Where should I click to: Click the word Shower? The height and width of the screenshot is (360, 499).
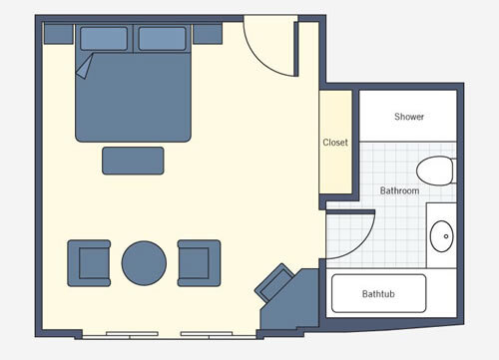409,117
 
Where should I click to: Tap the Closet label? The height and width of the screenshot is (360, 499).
335,143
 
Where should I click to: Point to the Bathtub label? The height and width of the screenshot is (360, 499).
379,294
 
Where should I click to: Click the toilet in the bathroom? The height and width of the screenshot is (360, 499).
435,172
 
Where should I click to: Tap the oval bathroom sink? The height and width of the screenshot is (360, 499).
440,237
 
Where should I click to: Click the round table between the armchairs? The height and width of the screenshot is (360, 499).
144,262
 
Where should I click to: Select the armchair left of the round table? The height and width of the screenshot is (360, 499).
90,262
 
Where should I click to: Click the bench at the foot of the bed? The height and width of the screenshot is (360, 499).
133,160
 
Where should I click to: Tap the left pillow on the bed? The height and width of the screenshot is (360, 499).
104,39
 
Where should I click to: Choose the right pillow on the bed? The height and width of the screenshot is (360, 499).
164,39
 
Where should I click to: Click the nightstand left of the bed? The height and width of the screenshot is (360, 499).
58,35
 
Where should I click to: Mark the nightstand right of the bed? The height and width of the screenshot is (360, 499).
208,35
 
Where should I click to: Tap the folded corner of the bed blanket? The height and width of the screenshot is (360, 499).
84,66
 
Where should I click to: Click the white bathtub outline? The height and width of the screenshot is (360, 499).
378,293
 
